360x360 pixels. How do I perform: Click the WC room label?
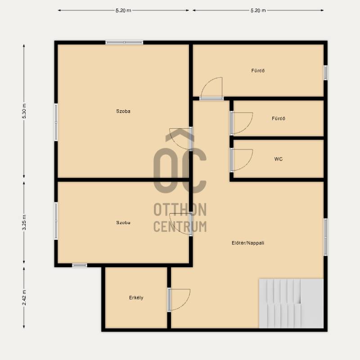point(278,159)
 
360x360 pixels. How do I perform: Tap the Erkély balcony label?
point(136,297)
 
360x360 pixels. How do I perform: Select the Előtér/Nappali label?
point(248,243)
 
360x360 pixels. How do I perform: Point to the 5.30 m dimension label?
point(24,111)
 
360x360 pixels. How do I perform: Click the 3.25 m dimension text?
point(24,222)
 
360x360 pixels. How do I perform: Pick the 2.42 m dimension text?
point(24,297)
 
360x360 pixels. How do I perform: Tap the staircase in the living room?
point(291,303)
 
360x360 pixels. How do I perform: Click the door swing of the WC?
point(242,160)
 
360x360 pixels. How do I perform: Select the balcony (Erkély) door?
point(179,300)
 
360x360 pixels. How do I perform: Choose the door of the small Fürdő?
point(242,123)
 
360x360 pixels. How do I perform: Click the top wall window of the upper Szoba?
point(124,42)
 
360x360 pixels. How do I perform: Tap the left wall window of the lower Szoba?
point(56,221)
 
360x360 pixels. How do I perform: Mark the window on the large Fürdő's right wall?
point(325,73)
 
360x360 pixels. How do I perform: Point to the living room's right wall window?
point(325,237)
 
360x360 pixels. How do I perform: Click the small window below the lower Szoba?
point(80,265)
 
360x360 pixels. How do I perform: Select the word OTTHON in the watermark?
point(180,209)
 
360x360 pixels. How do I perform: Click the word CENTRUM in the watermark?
point(180,226)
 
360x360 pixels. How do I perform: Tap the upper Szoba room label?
point(123,111)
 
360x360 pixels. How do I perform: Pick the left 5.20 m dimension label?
point(123,10)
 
